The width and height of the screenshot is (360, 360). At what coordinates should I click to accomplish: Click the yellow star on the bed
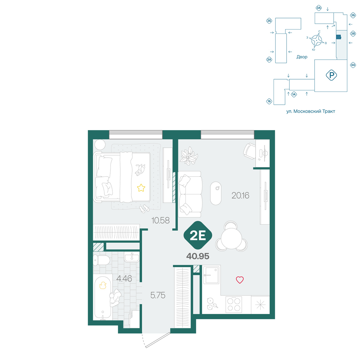pos(141,188)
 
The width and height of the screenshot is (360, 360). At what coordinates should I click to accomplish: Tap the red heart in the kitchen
pos(240,280)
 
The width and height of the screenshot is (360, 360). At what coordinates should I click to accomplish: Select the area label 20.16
pos(240,195)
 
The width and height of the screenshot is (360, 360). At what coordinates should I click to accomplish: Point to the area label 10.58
pos(160,220)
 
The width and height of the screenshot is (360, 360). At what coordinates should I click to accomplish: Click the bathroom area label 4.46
pos(124,279)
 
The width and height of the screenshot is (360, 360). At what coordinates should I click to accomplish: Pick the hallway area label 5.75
pos(158,295)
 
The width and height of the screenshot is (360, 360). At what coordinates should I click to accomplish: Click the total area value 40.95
pos(198,256)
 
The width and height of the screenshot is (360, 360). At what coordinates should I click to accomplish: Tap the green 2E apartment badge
pos(198,235)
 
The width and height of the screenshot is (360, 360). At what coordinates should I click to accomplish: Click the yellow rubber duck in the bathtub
pos(103,285)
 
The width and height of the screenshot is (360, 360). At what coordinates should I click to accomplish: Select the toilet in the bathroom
pos(101,260)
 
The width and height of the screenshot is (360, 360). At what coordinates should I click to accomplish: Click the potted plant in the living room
pos(189,156)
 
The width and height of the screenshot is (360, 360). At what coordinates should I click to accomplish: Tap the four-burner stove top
pos(234,305)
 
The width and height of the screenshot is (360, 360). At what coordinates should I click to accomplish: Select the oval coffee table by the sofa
pos(216,193)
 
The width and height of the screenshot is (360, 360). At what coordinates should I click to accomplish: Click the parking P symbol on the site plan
pos(331,75)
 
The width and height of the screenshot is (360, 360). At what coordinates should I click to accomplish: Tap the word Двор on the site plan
pos(302,57)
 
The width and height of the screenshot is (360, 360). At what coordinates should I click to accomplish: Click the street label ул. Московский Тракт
pos(311,111)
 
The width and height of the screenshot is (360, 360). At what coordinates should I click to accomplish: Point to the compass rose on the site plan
pos(316,40)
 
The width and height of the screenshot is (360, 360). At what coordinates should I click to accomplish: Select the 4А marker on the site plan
pos(353,65)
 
